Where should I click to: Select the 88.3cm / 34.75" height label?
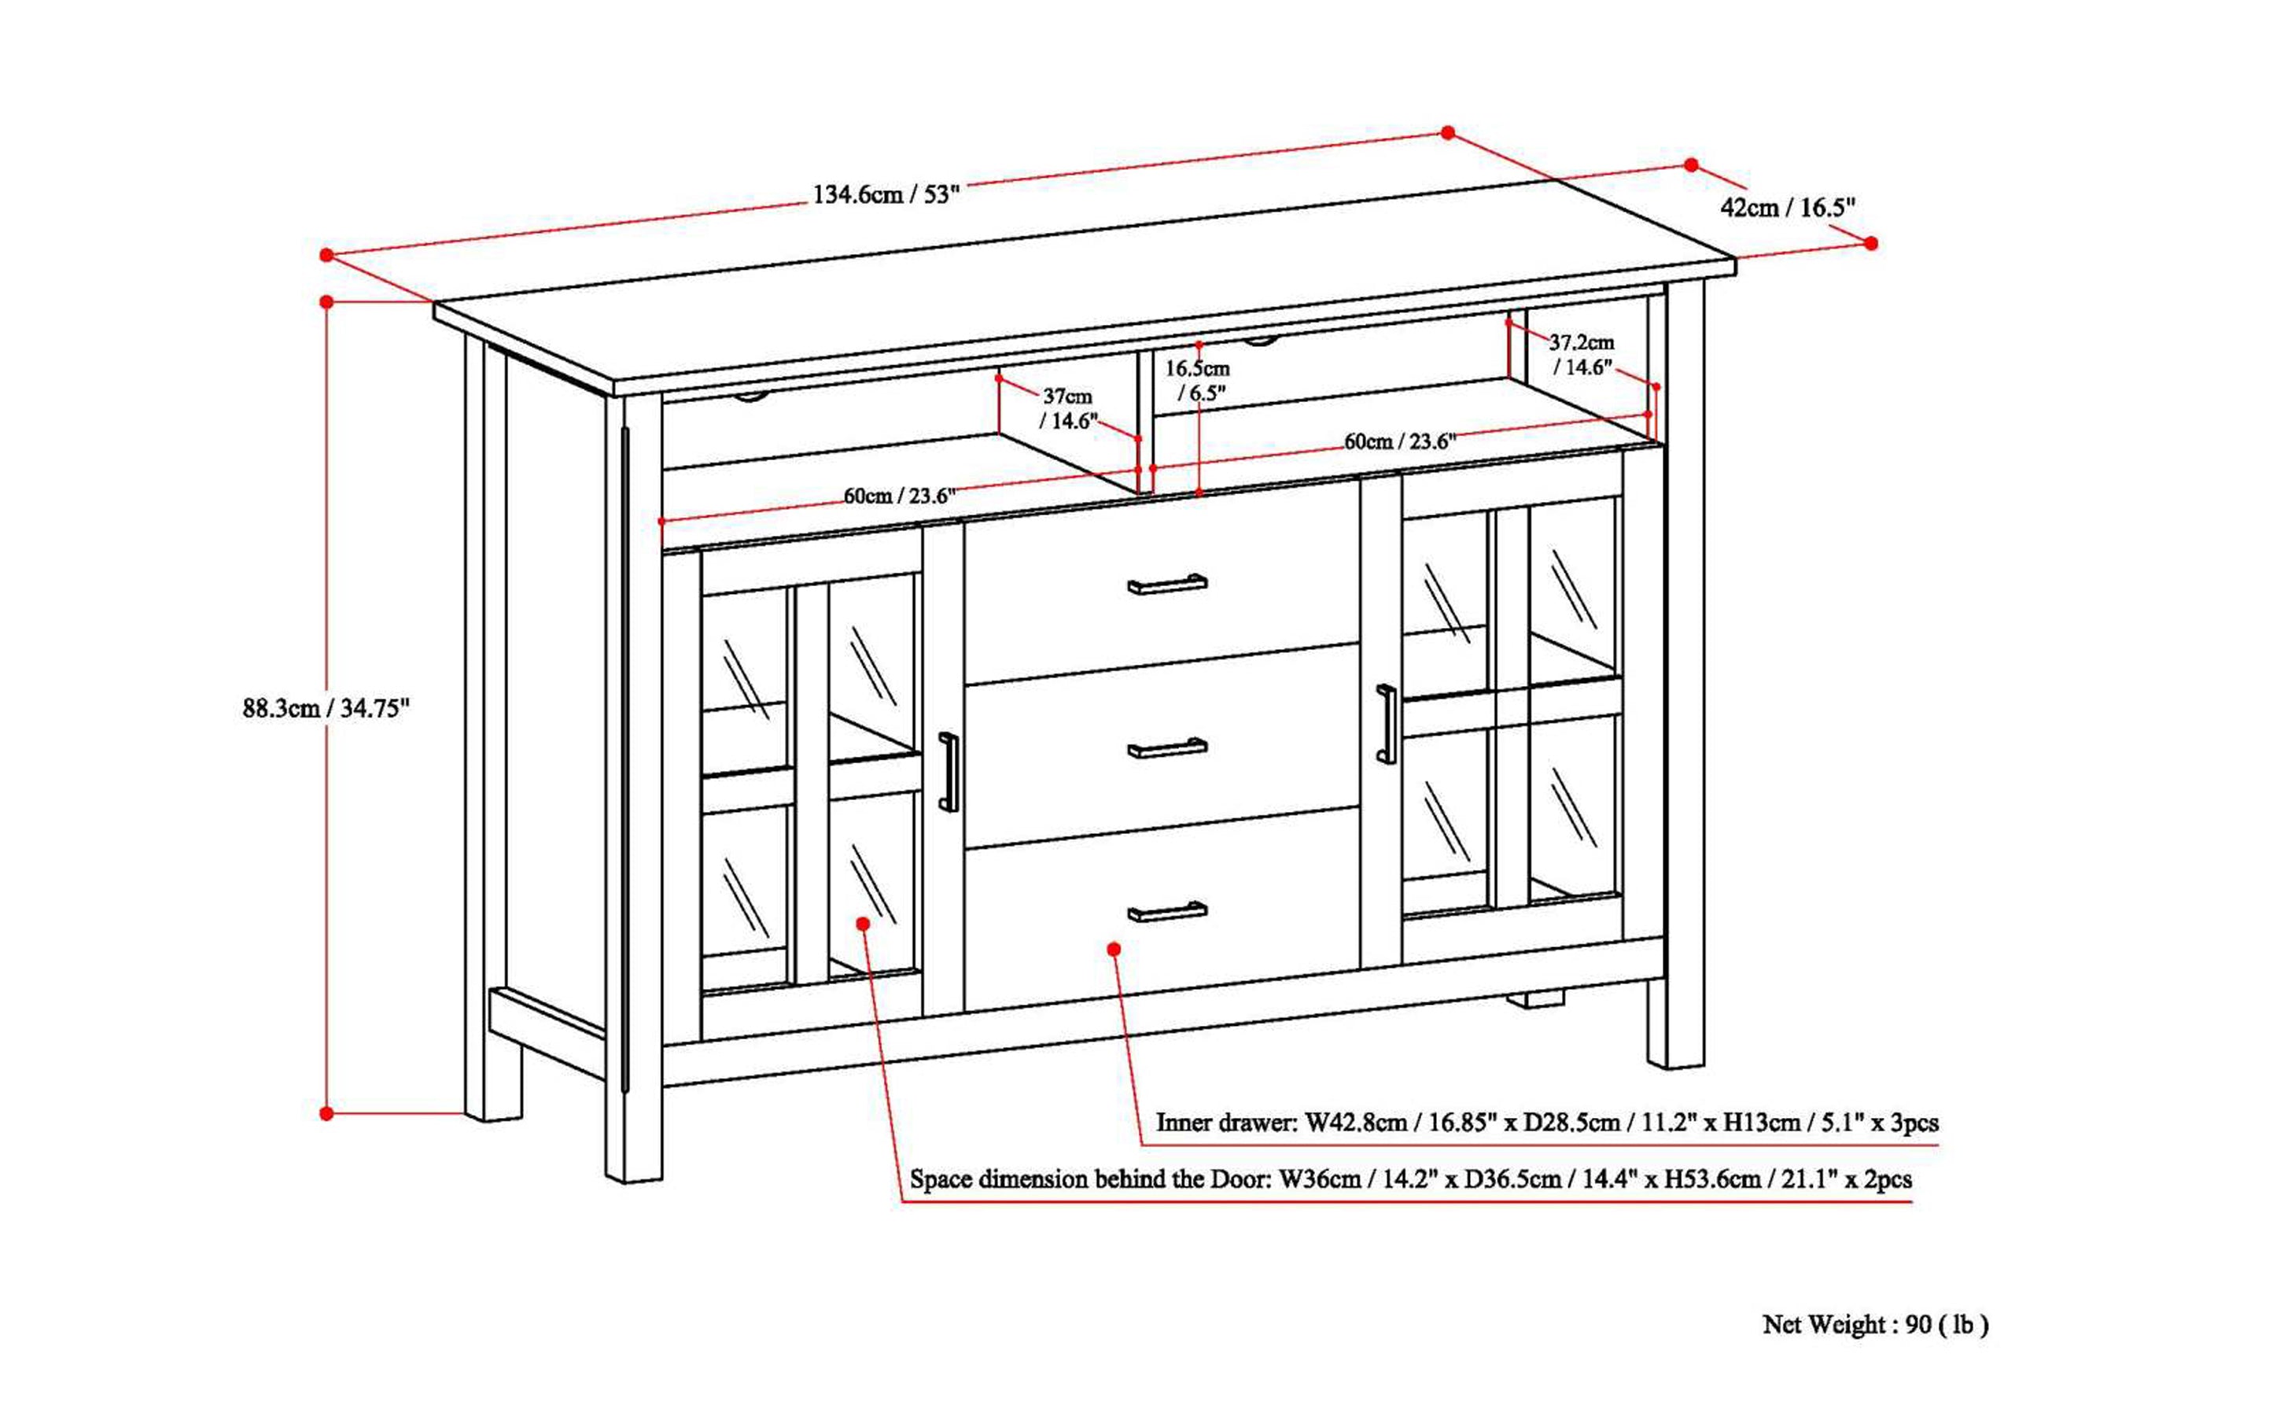click(326, 708)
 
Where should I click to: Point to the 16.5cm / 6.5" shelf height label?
click(1198, 381)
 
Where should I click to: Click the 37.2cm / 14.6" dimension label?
click(1582, 355)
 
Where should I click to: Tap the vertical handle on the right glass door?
click(1386, 723)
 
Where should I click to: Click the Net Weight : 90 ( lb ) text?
click(1875, 1325)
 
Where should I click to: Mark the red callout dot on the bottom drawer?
click(1114, 950)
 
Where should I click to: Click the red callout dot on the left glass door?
click(864, 924)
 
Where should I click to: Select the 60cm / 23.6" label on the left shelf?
click(899, 496)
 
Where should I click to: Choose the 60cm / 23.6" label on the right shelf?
click(1399, 441)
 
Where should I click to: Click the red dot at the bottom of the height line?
click(326, 1113)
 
